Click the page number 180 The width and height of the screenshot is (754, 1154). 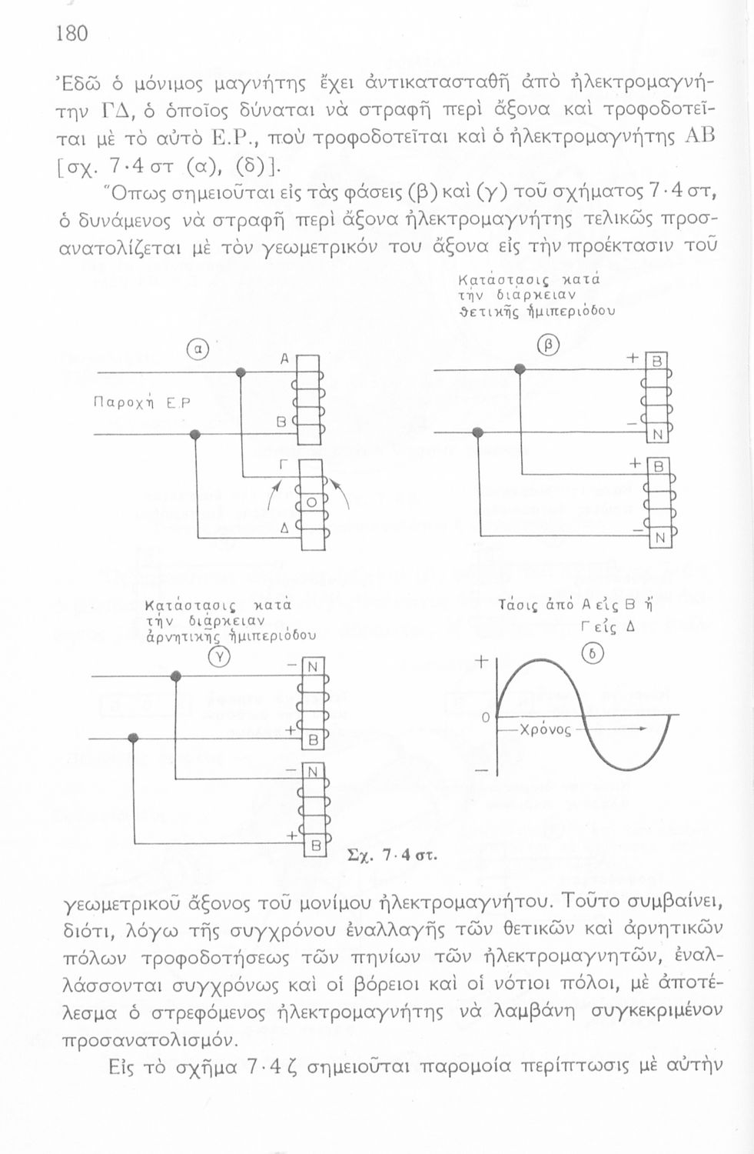(71, 33)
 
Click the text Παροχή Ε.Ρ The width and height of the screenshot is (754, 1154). (141, 402)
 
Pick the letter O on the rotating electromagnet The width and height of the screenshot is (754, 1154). (311, 502)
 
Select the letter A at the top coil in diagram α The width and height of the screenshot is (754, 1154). (283, 359)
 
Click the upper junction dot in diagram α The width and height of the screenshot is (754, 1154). (241, 373)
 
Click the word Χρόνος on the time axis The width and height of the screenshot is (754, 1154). (546, 729)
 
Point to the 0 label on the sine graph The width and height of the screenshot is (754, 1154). (485, 717)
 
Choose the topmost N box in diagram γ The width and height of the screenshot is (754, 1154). (313, 667)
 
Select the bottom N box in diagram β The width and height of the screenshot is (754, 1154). (659, 539)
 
